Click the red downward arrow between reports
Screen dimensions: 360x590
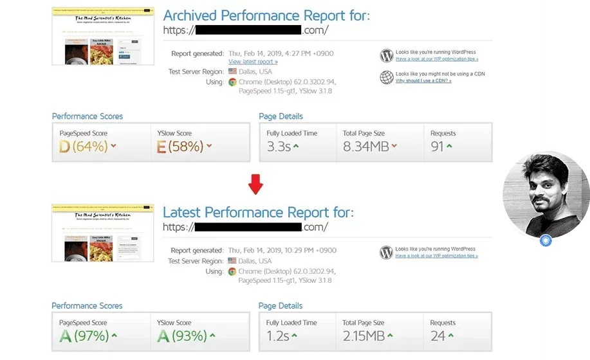(x=256, y=184)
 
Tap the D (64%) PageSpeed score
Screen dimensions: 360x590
(x=82, y=147)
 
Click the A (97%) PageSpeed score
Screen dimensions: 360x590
(x=82, y=336)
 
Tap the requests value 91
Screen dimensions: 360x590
(x=438, y=147)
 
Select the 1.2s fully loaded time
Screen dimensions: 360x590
(x=278, y=336)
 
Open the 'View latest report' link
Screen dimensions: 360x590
(x=253, y=62)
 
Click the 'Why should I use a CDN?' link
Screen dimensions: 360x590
(x=423, y=81)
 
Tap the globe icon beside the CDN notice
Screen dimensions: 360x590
(x=387, y=77)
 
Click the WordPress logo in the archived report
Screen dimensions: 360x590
(x=387, y=55)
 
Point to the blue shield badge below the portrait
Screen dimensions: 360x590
(x=546, y=240)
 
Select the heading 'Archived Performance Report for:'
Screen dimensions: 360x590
(x=267, y=15)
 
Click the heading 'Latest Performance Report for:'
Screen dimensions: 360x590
(x=258, y=212)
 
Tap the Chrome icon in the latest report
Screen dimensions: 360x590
(x=232, y=271)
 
